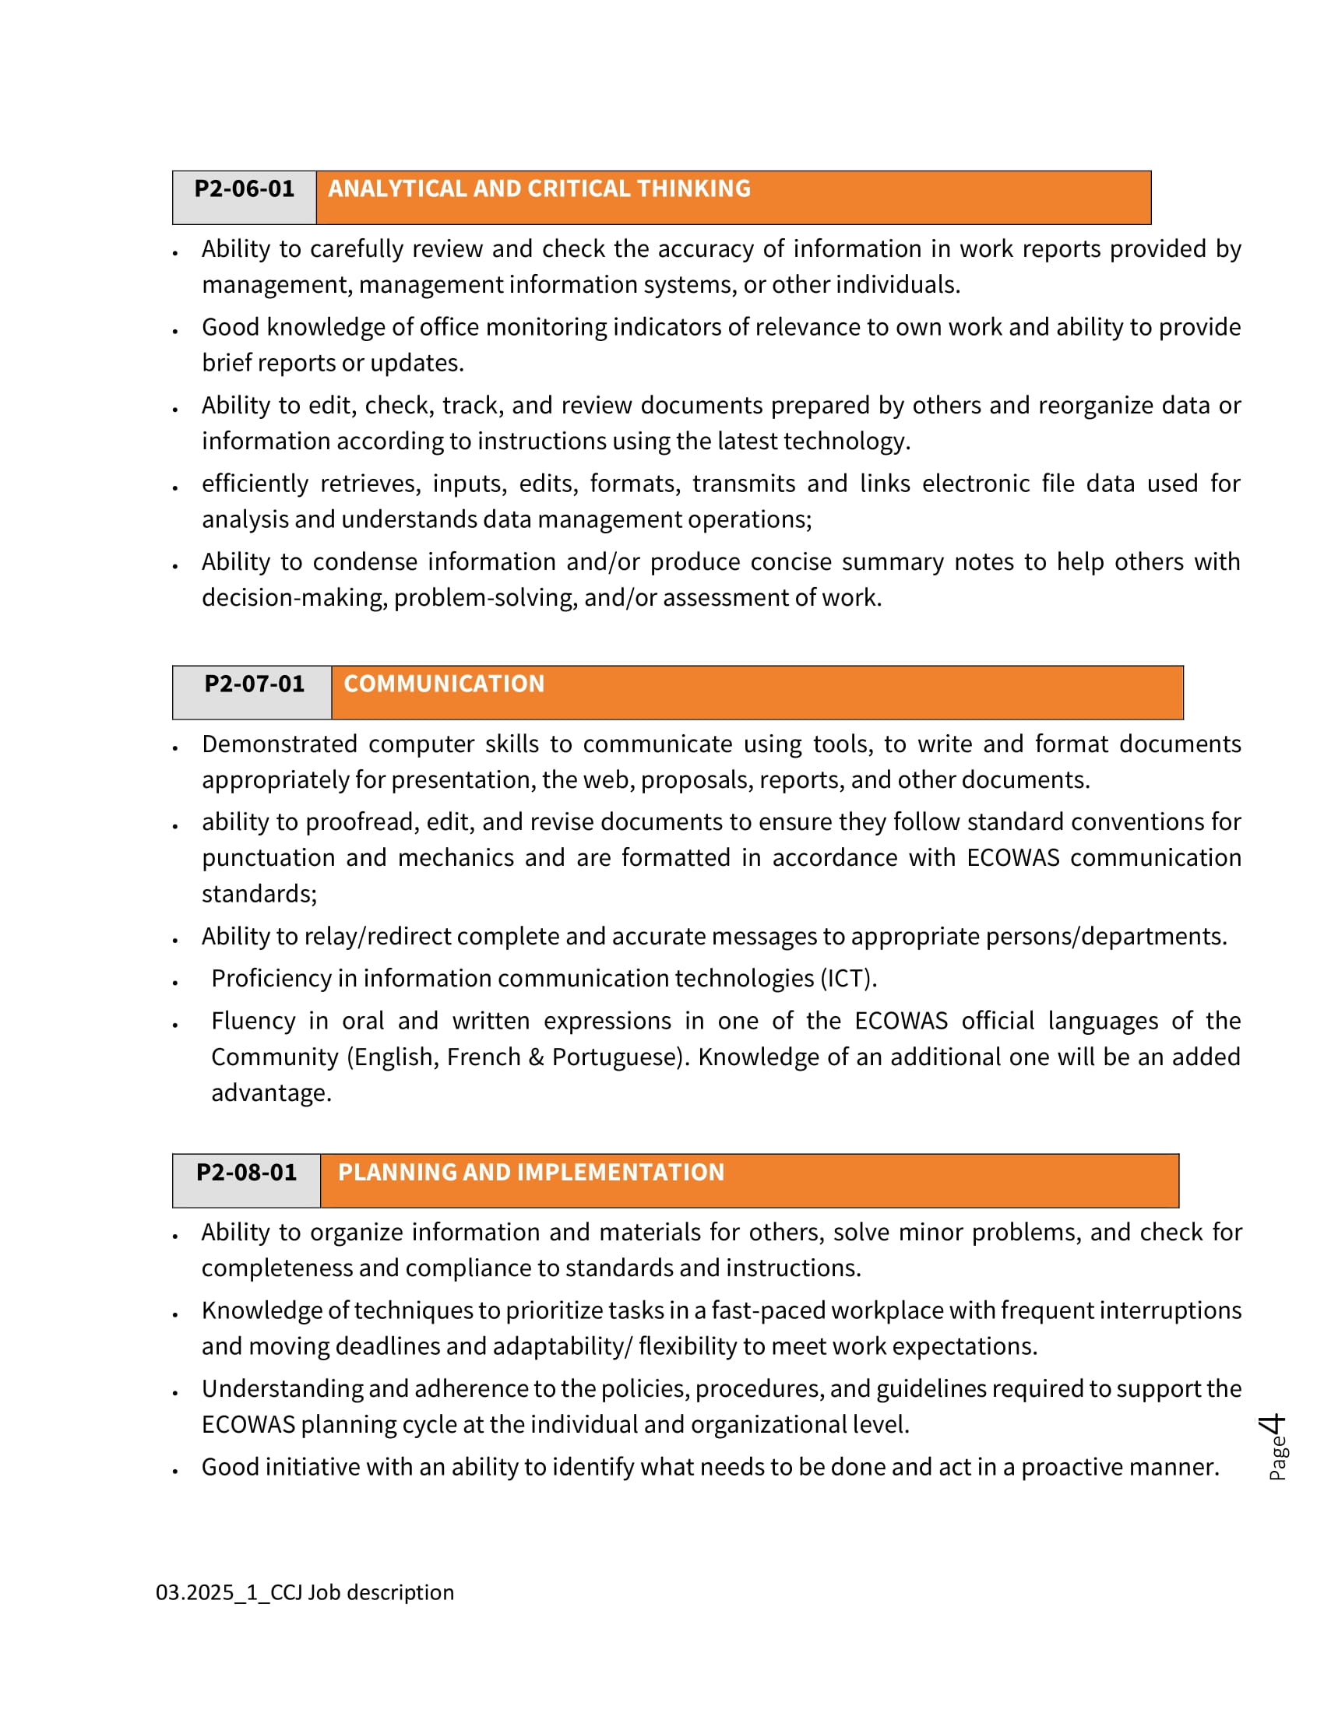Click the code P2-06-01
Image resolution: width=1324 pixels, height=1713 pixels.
pos(244,189)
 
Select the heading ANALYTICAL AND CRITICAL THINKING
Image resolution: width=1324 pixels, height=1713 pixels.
pos(539,189)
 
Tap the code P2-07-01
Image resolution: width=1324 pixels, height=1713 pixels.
pos(254,684)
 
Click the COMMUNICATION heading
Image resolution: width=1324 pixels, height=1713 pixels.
pos(444,684)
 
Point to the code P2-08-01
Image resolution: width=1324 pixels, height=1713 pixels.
pos(246,1173)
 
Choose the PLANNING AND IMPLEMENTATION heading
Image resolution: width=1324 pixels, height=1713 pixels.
pos(531,1173)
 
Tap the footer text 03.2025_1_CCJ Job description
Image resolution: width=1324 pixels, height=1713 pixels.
pos(305,1592)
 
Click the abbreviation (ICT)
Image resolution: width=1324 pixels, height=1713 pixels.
pos(849,979)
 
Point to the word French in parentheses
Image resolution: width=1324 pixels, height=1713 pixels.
pos(483,1057)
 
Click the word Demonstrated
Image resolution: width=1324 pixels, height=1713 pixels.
pos(280,744)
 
